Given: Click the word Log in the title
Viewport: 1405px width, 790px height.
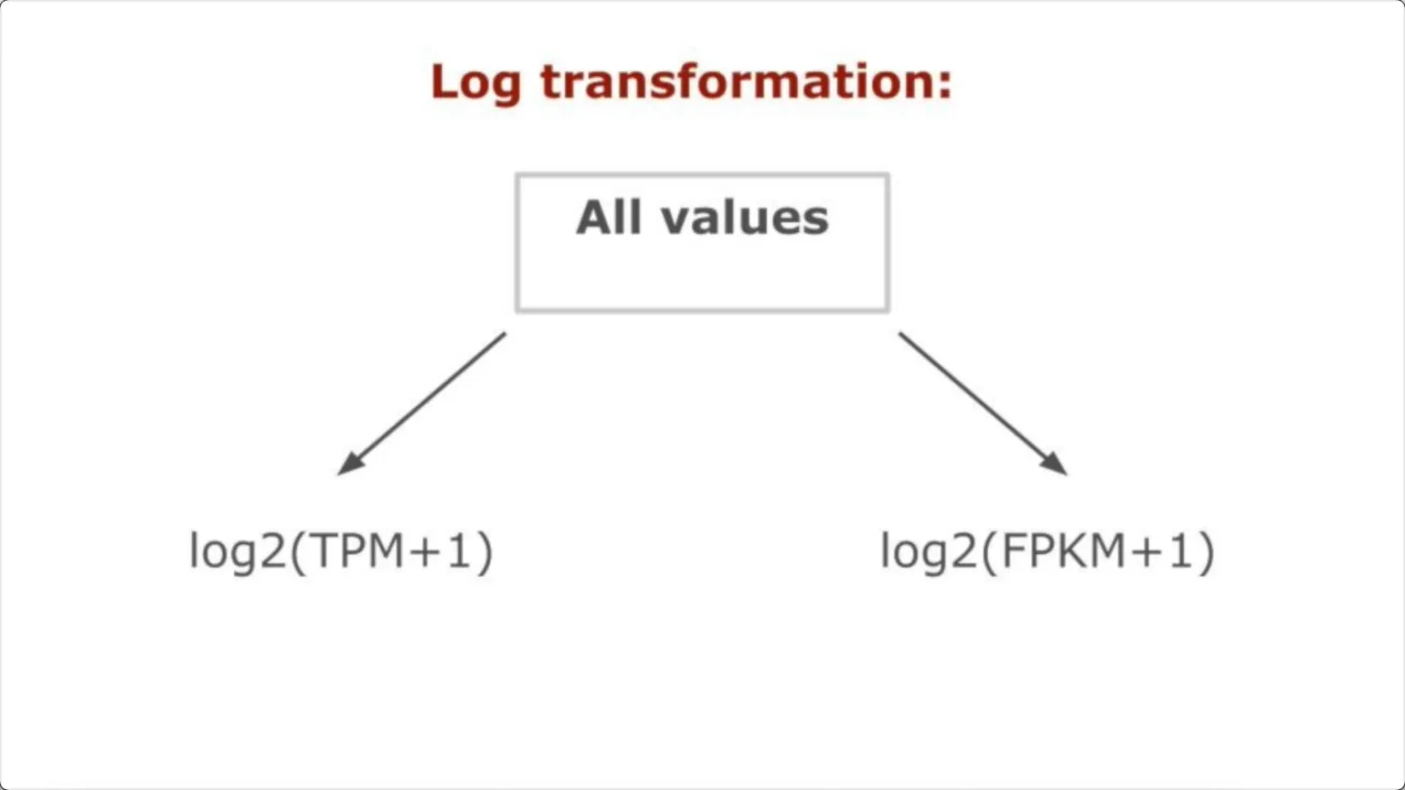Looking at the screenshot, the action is click(475, 82).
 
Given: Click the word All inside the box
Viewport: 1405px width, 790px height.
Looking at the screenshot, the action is click(608, 218).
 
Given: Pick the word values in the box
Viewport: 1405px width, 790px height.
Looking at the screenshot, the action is click(745, 218).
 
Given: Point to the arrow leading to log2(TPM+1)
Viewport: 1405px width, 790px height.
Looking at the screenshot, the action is click(421, 403).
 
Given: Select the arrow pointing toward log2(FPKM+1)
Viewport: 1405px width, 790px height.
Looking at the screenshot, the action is click(983, 403).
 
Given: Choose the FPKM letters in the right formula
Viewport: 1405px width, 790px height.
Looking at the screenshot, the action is click(1063, 550).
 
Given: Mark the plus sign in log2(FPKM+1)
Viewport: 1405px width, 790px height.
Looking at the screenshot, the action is click(1147, 551).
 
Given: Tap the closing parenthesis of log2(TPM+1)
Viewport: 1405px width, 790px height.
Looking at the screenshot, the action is click(485, 551).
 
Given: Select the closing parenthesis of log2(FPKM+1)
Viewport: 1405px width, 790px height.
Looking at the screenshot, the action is click(1206, 551).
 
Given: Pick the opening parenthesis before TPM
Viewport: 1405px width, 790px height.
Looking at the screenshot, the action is click(299, 551).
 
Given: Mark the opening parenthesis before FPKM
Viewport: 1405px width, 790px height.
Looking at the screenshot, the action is click(990, 551).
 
